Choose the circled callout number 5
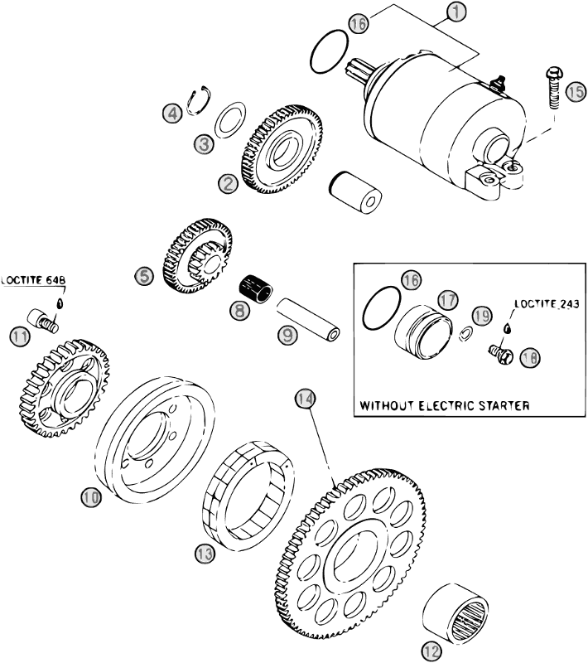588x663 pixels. (147, 276)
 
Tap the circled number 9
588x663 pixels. (287, 336)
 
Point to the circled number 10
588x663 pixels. (91, 496)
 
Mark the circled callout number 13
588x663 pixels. (205, 552)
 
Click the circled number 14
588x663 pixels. (305, 399)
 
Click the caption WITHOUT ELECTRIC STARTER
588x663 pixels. (445, 406)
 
